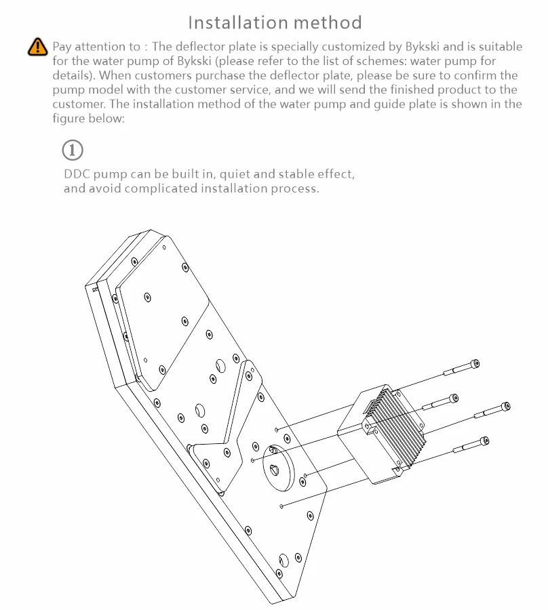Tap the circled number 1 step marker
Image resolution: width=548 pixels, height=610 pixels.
tap(73, 150)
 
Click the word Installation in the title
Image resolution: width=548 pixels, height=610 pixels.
tap(238, 22)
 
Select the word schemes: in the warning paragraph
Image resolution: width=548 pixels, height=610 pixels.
tap(390, 61)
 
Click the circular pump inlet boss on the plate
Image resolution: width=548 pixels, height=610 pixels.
tap(279, 468)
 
